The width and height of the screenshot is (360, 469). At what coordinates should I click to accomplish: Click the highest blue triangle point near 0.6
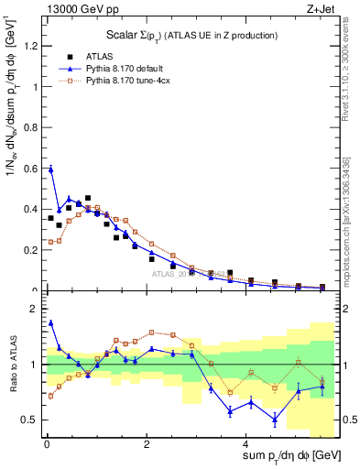[51, 169]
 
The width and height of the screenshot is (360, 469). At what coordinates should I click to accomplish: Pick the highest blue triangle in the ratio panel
[51, 322]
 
